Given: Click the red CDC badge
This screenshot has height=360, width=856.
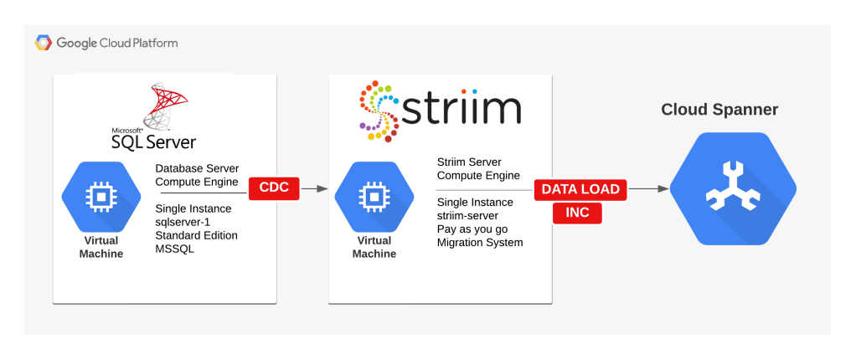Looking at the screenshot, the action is point(274,188).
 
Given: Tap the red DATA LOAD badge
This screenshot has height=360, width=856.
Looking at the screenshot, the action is point(580,189).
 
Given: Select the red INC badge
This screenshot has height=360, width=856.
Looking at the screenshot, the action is point(577,212).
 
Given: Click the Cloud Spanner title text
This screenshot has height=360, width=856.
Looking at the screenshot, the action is point(719,110).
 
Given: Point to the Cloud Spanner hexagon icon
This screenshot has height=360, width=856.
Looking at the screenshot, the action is point(733,188).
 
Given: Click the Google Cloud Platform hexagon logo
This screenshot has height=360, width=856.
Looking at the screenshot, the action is point(43,43).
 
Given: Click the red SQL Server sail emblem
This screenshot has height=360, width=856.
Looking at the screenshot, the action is point(164,104).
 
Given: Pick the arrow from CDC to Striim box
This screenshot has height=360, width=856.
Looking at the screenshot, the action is point(314,188).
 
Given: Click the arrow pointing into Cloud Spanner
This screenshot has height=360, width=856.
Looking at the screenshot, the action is point(648,188).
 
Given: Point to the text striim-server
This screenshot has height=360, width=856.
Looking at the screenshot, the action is point(468,215).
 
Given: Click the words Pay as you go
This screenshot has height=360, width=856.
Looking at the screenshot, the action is point(472,229).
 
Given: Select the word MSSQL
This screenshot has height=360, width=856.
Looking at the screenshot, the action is point(175,249).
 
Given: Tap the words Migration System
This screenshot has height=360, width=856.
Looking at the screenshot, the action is point(480,242).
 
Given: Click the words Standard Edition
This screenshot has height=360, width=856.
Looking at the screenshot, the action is point(197,235).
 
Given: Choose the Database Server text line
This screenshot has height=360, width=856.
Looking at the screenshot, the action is point(197,167).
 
